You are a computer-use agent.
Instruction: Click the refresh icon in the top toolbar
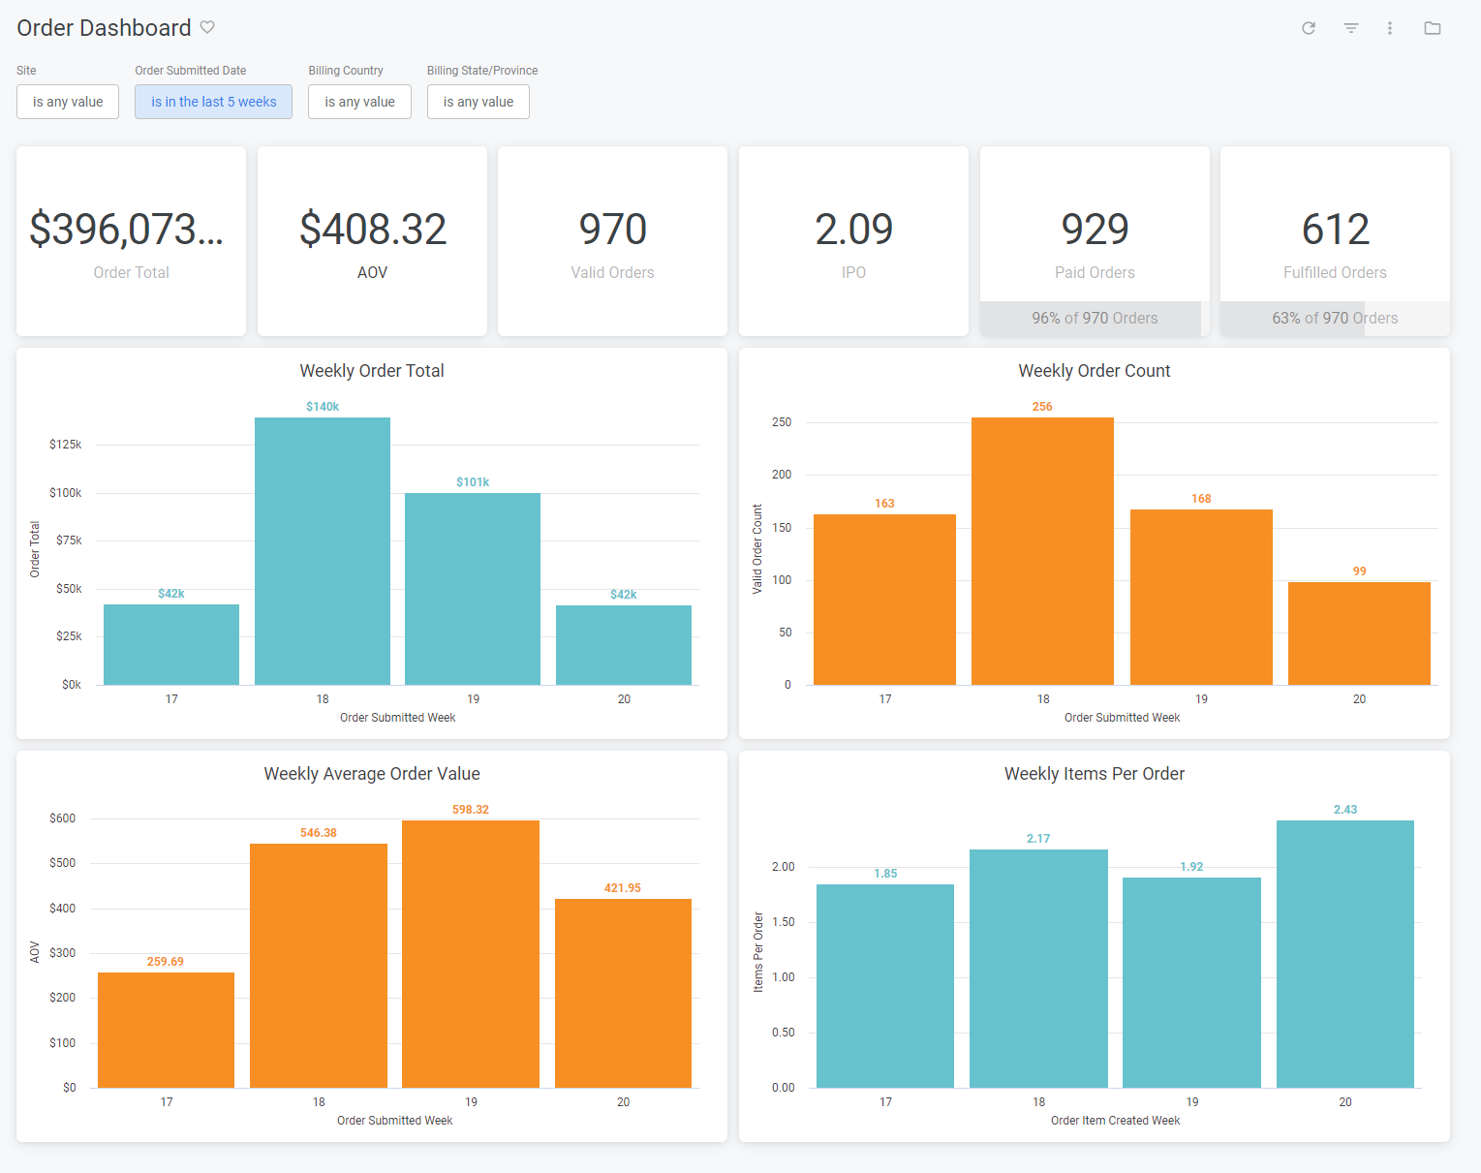click(x=1309, y=28)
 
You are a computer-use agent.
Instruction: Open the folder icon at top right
click(x=1433, y=28)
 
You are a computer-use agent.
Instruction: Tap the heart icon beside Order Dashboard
click(x=207, y=27)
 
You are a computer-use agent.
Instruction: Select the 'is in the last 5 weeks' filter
click(x=213, y=102)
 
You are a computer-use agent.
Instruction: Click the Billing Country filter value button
click(x=359, y=102)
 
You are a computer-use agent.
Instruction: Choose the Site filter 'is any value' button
click(x=68, y=102)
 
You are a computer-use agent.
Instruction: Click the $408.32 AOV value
click(x=373, y=230)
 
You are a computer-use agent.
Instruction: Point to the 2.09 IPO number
click(x=853, y=230)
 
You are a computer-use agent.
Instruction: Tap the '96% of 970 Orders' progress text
click(x=1095, y=318)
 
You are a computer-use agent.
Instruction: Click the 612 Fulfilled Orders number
click(x=1335, y=230)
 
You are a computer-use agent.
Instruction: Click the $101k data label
click(x=473, y=482)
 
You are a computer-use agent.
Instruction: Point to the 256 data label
click(x=1042, y=407)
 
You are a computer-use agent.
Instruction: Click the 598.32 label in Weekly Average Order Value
click(x=471, y=810)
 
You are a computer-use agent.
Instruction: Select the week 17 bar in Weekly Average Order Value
click(x=166, y=1030)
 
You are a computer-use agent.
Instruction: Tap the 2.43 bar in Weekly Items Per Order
click(x=1344, y=954)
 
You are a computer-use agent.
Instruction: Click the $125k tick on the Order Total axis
click(x=66, y=445)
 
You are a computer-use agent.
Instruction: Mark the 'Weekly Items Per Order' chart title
click(x=1095, y=774)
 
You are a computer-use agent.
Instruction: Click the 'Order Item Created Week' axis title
click(x=1115, y=1121)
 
